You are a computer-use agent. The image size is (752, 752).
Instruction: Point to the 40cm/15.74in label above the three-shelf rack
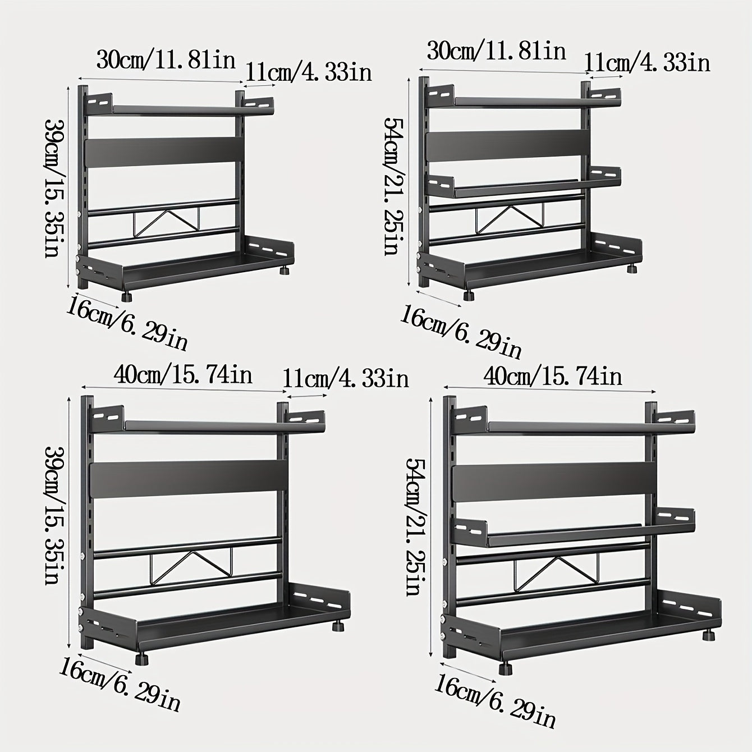pyautogui.click(x=553, y=377)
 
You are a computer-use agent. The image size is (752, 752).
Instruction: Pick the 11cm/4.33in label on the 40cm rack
pyautogui.click(x=345, y=379)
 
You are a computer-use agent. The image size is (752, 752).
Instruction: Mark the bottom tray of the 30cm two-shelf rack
pyautogui.click(x=185, y=265)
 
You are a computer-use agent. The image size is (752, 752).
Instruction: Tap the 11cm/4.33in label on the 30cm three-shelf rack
pyautogui.click(x=647, y=62)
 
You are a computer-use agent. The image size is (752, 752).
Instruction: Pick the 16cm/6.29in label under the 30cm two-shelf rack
pyautogui.click(x=127, y=323)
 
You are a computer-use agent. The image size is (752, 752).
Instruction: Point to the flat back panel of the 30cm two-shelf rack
pyautogui.click(x=164, y=152)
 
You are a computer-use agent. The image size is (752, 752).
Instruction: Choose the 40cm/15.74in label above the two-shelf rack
pyautogui.click(x=182, y=375)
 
